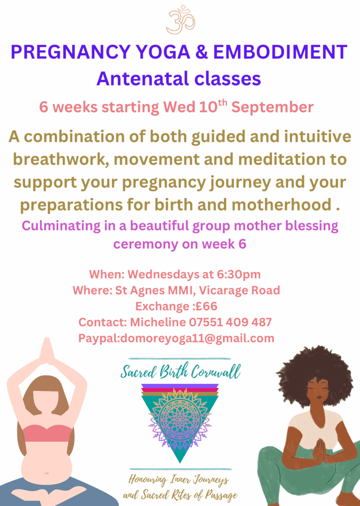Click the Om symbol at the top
click(181, 20)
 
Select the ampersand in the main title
click(201, 52)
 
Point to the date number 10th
click(213, 106)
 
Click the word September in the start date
click(272, 107)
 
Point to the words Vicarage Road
click(239, 291)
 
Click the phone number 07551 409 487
click(230, 322)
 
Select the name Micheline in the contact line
click(158, 322)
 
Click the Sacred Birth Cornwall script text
click(180, 372)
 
